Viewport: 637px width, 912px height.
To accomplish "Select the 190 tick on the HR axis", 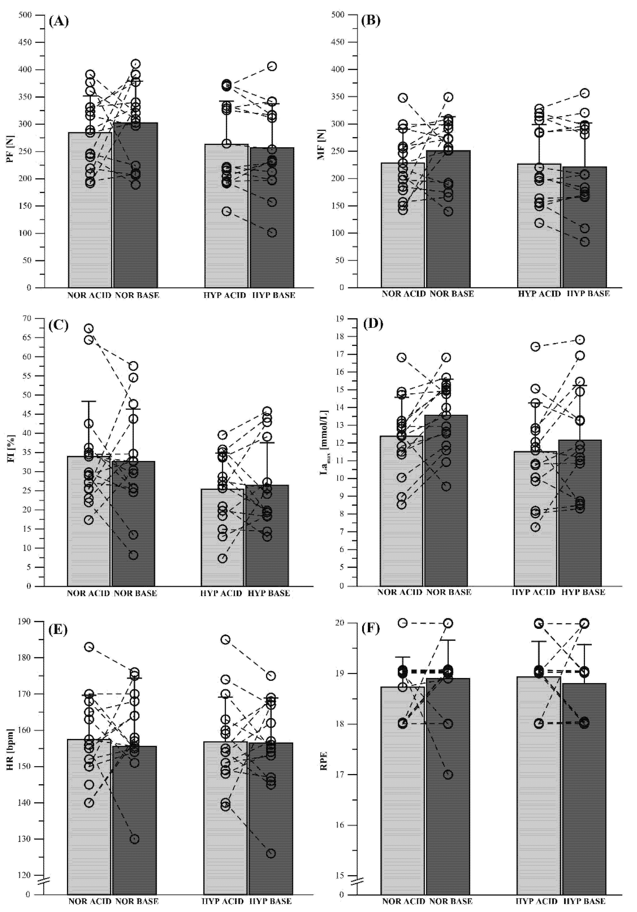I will click(25, 621).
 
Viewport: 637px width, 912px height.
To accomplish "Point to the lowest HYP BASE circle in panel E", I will click(271, 853).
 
